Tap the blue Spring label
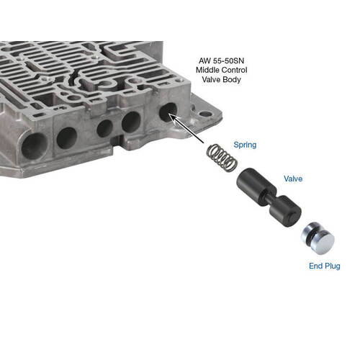(245, 145)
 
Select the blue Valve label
(293, 179)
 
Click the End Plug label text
(325, 266)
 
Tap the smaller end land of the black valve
(286, 211)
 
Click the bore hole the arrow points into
(168, 112)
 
